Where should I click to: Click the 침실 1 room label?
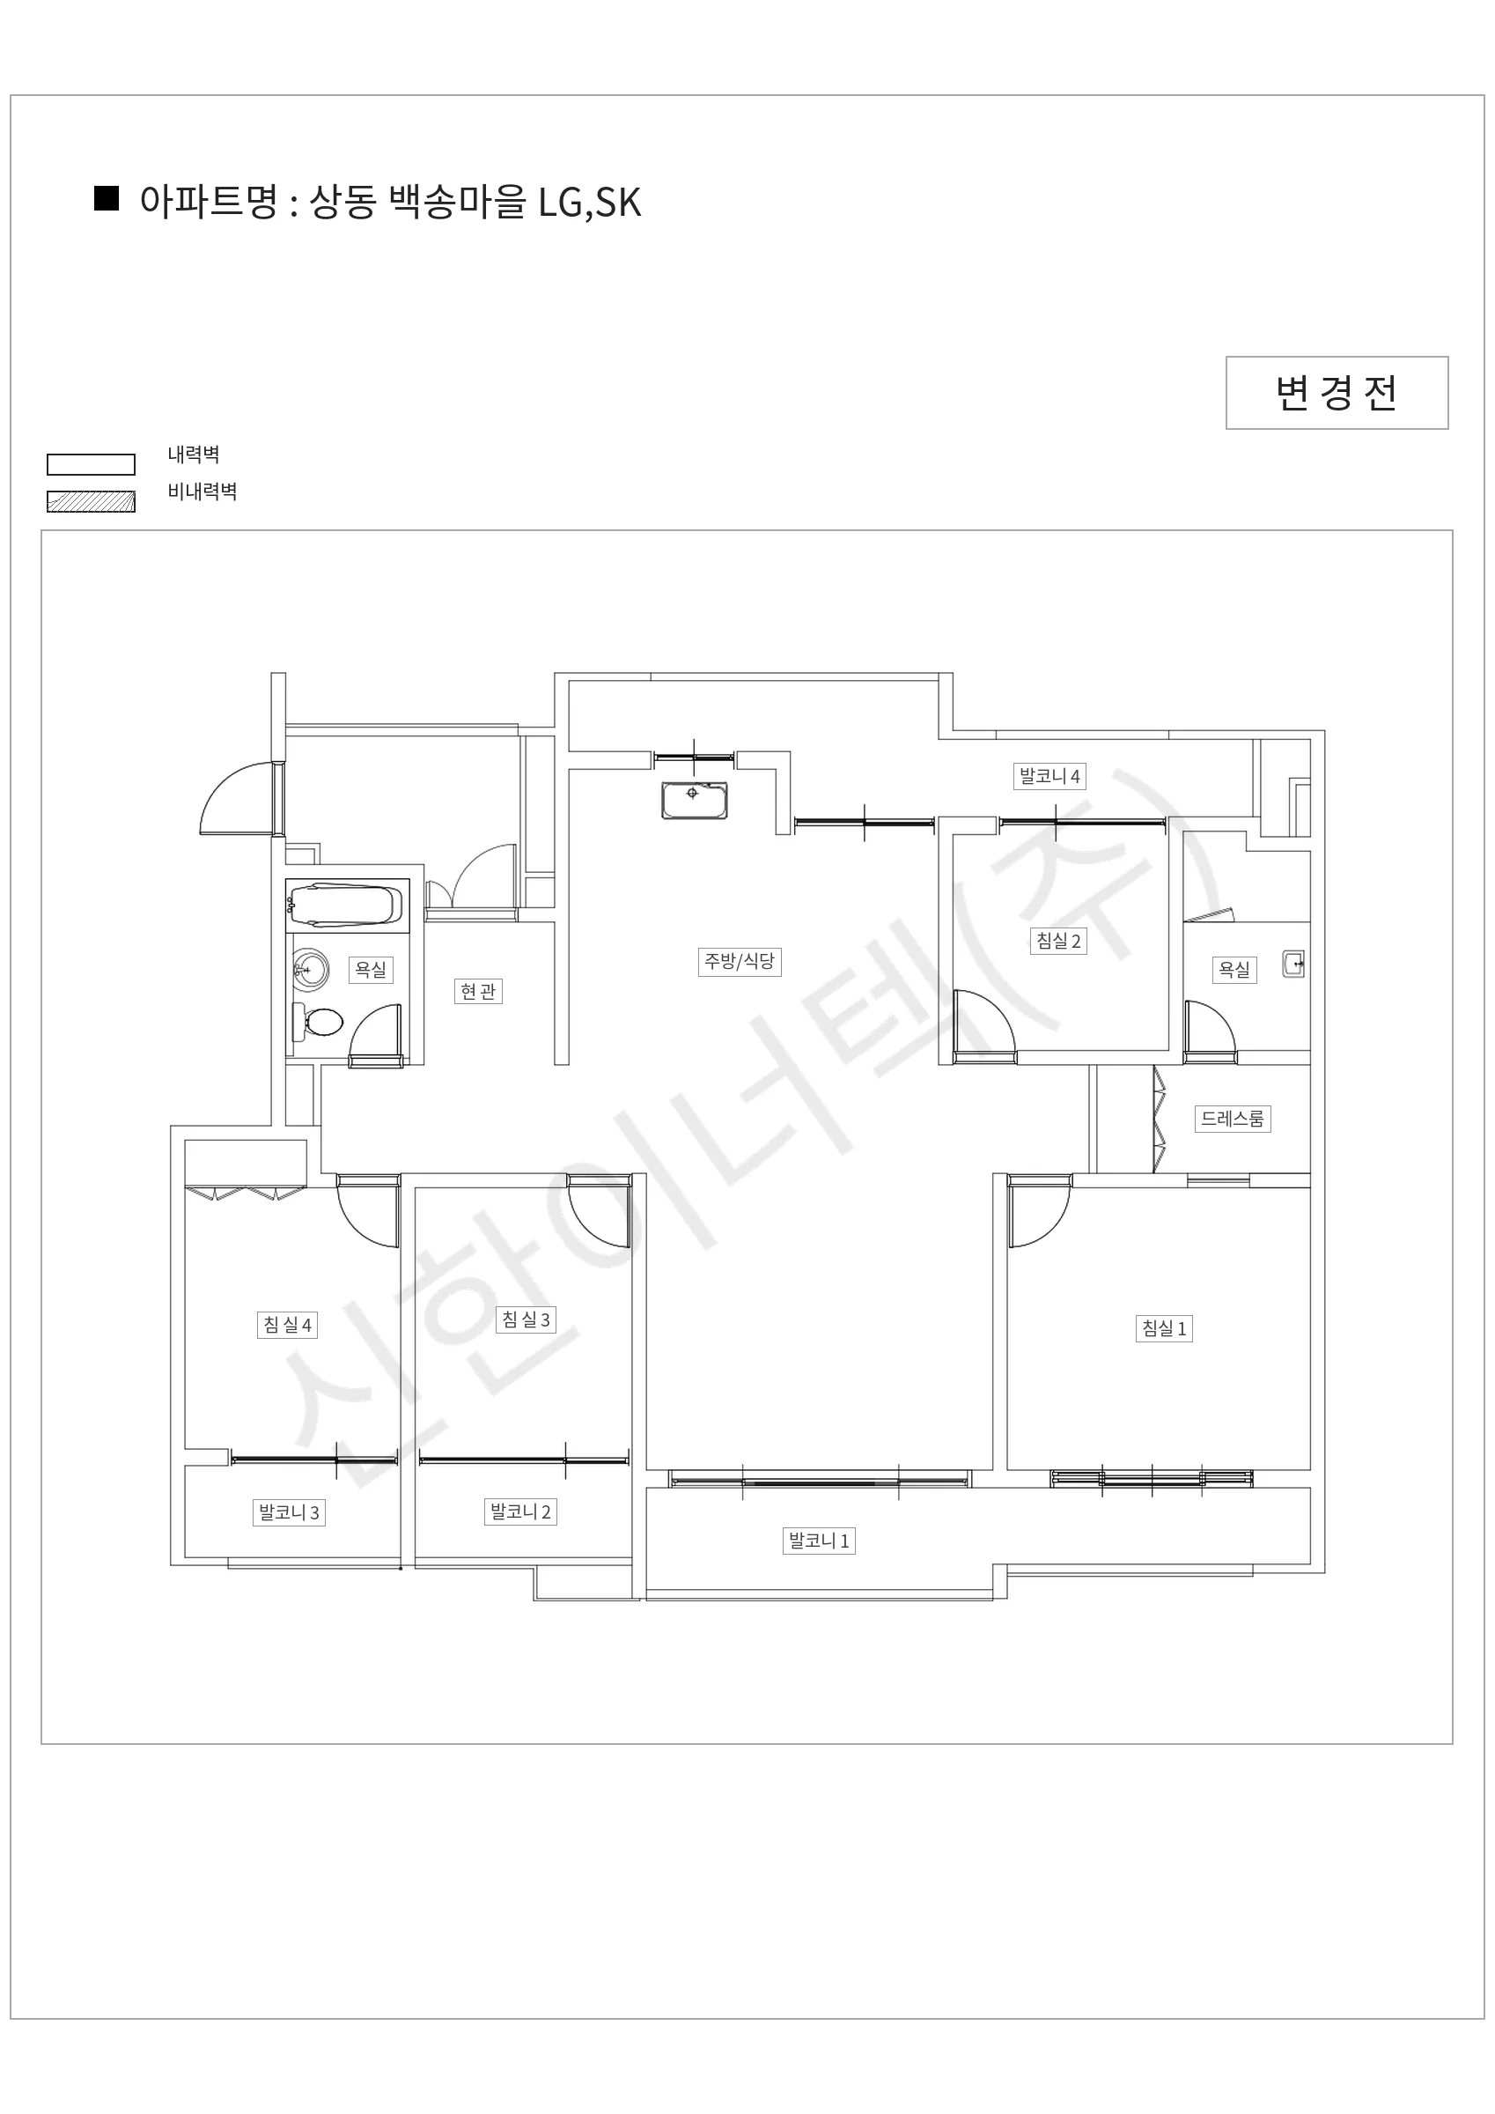coord(1164,1327)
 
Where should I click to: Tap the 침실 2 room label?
coord(1058,940)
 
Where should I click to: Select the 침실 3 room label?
coord(526,1319)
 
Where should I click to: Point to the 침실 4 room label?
coord(287,1325)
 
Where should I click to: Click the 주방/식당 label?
coord(740,961)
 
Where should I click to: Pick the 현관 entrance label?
coord(478,992)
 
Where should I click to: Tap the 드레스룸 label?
coord(1233,1119)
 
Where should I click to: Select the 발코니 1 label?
coord(819,1541)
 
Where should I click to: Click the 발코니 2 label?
coord(520,1511)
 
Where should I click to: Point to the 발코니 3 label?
coord(289,1512)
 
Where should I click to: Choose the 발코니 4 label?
coord(1049,775)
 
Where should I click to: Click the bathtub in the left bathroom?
coord(346,904)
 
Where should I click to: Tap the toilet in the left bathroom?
coord(318,1022)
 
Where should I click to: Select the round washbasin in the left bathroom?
coord(311,970)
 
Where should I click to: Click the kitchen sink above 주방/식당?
coord(694,800)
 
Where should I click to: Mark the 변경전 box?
coord(1337,392)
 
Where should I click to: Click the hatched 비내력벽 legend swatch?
coord(92,501)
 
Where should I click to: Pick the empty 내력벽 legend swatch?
coord(92,464)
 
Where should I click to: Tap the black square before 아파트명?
coord(107,199)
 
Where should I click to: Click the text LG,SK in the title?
coord(589,203)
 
